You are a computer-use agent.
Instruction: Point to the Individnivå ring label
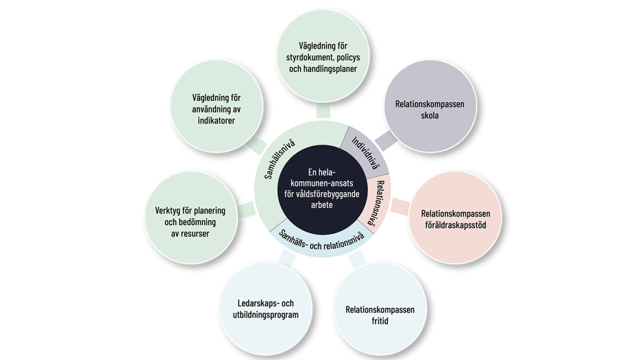(x=367, y=153)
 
